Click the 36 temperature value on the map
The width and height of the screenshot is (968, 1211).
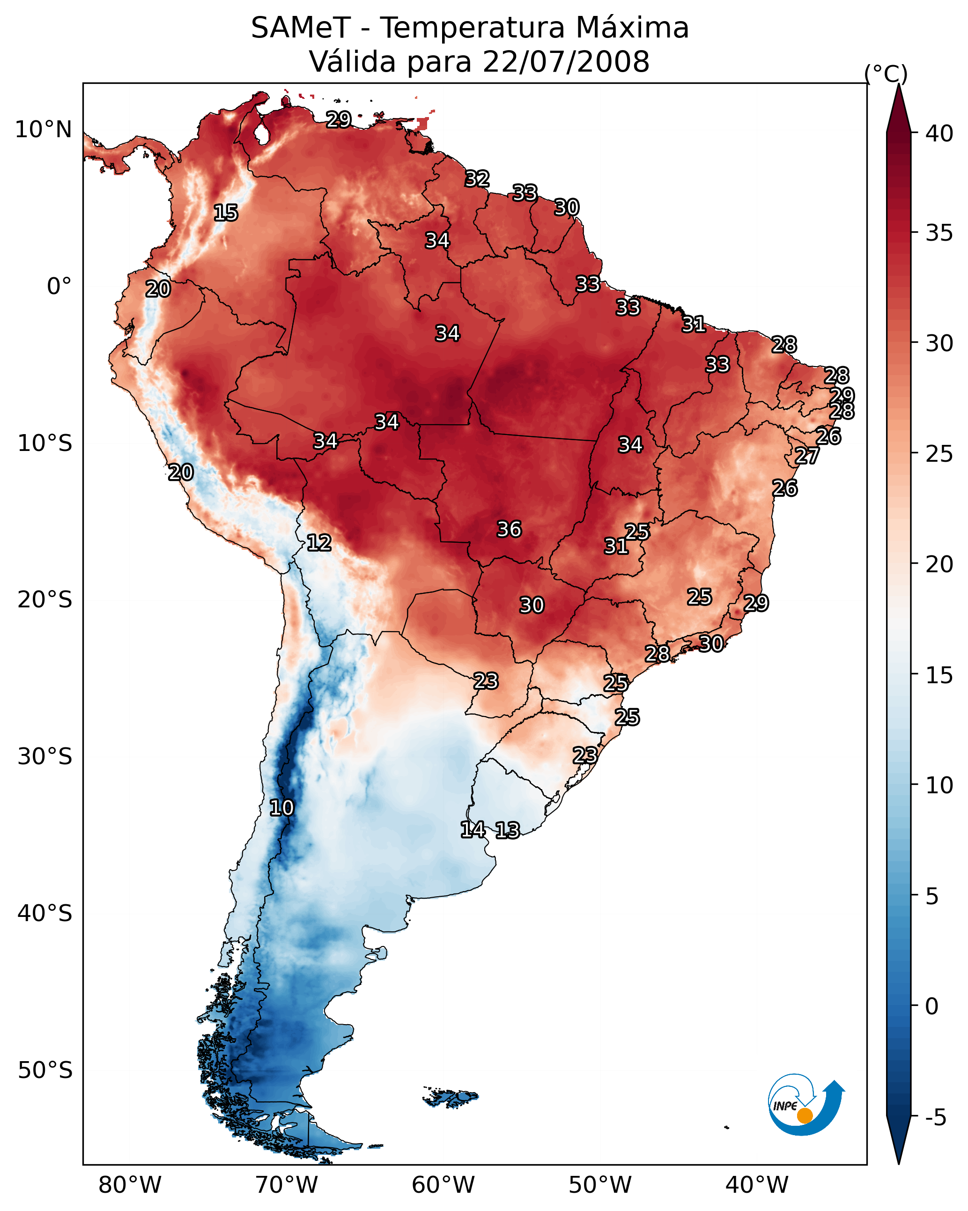tap(509, 529)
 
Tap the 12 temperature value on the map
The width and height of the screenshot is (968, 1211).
tap(319, 543)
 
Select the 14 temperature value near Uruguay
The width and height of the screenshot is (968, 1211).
tap(473, 830)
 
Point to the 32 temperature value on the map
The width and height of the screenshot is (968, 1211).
tap(477, 178)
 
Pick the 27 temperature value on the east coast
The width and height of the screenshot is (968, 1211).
tap(807, 456)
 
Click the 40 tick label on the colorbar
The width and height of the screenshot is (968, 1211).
tap(939, 133)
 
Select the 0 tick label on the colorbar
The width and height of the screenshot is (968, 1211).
tap(931, 1006)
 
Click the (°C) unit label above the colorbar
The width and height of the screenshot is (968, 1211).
tap(886, 73)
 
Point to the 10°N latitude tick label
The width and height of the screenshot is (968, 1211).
tap(43, 130)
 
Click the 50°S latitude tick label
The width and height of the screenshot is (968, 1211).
tap(45, 1071)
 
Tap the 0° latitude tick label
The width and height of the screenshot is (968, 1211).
tap(59, 287)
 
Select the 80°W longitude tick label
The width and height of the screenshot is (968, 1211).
tap(130, 1185)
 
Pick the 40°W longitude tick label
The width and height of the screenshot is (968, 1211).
tap(757, 1185)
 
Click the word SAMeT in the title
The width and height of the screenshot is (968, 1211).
tap(301, 28)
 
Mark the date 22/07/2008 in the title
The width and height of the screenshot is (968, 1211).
tap(566, 62)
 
